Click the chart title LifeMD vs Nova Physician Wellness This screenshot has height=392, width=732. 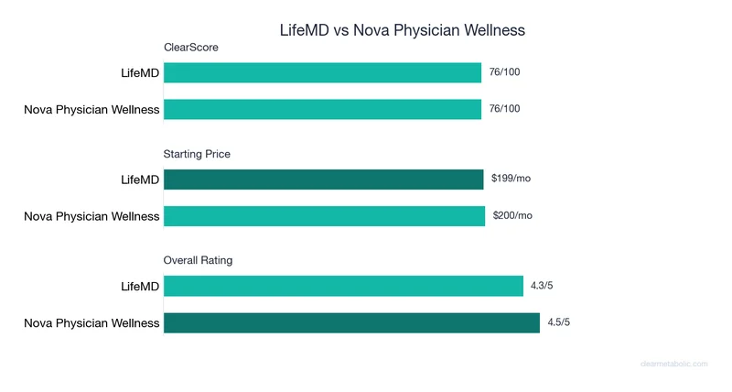pos(403,30)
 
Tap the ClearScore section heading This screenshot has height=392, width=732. pos(190,48)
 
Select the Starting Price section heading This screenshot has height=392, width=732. pos(197,154)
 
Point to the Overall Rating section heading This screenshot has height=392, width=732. pos(198,260)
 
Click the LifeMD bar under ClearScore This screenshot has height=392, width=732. pos(322,72)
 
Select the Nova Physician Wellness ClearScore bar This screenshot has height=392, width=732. pos(322,110)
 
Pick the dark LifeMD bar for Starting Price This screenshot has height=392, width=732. pos(323,180)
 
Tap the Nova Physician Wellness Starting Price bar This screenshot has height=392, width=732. pos(324,216)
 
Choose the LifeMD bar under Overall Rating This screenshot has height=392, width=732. pos(343,286)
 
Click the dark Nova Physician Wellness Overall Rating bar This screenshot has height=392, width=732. pos(351,323)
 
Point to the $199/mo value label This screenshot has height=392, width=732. pos(511,179)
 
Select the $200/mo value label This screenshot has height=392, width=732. pos(511,215)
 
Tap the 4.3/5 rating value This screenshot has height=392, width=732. pos(542,286)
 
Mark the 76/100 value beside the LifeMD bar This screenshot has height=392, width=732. pos(504,71)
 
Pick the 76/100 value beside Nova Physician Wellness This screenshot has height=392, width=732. pos(504,109)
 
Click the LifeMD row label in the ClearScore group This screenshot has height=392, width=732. pos(140,73)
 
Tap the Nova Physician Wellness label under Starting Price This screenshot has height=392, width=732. pos(91,217)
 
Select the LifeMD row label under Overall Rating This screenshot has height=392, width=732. pos(140,287)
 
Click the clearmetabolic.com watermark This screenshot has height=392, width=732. pos(673,364)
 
